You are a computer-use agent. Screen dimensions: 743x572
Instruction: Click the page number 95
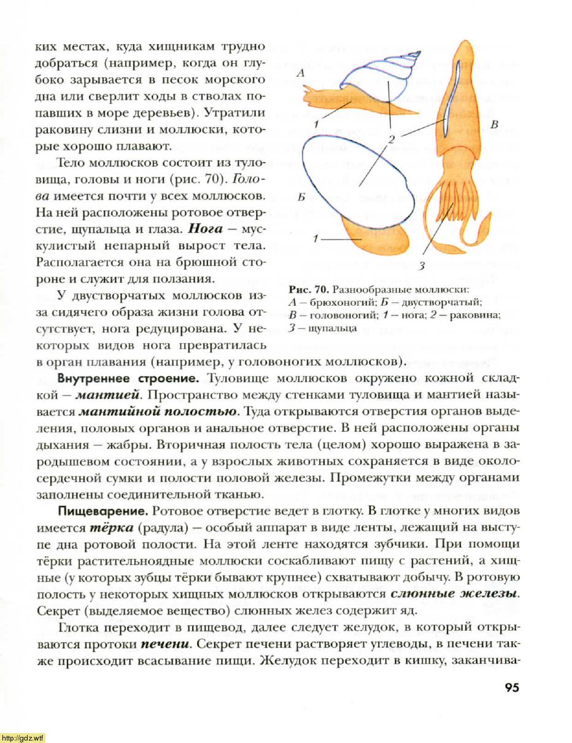coord(511,687)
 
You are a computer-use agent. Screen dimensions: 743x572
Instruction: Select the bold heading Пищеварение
coord(102,511)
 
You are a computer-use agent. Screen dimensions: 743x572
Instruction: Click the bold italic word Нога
coord(203,231)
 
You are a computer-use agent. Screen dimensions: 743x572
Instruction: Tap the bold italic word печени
coord(164,644)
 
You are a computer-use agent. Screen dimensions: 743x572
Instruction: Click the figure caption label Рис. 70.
coord(307,289)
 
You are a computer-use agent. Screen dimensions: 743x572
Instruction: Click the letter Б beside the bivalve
coord(300,198)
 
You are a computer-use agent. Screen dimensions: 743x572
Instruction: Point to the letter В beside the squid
coord(495,125)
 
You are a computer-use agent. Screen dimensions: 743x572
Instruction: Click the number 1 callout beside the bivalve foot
coord(314,238)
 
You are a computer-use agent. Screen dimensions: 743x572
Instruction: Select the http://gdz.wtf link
coord(23,737)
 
